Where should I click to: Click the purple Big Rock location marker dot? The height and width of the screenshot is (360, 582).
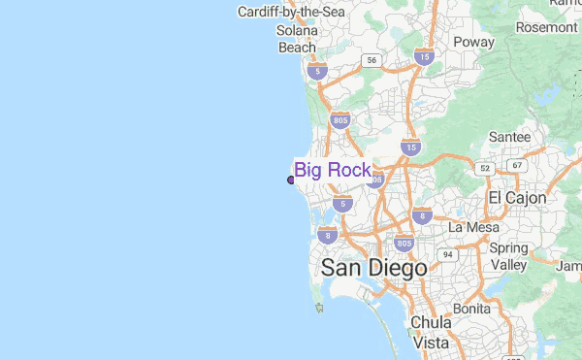pos(291,179)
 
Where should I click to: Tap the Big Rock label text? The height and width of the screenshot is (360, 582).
pos(333,171)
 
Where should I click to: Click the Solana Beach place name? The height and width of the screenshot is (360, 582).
pos(297,39)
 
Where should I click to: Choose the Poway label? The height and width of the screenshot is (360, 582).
pos(473,43)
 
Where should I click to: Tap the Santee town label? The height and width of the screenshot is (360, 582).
pos(509,137)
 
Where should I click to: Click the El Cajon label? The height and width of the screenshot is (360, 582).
pos(517,198)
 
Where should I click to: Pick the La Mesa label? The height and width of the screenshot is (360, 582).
pos(472,226)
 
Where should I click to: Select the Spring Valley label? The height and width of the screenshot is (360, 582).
pos(508,256)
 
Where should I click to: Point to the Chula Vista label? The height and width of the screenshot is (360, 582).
pos(431,332)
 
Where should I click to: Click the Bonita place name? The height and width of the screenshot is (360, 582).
pos(471,308)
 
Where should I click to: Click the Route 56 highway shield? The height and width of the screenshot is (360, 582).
pos(371,60)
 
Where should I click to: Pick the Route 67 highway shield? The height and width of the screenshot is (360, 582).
pos(517,165)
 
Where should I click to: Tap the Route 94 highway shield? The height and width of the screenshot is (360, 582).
pos(447,254)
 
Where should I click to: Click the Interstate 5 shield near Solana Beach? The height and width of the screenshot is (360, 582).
pos(315,71)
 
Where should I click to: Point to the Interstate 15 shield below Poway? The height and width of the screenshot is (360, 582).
pos(411,147)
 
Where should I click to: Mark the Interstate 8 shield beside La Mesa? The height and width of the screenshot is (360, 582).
pos(421,215)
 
